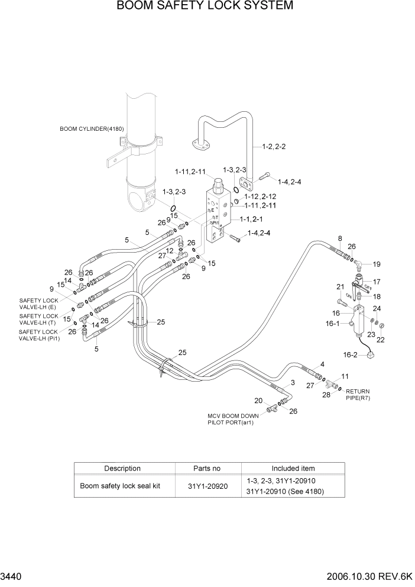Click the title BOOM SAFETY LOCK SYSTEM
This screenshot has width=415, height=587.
point(205,7)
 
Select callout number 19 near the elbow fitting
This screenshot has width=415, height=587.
point(377,264)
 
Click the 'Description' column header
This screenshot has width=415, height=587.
point(122,469)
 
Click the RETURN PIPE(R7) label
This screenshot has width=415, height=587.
point(361,395)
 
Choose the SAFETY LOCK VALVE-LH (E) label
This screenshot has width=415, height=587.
point(39,304)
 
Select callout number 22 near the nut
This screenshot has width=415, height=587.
point(380,340)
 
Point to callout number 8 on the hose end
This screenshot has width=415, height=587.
point(340,238)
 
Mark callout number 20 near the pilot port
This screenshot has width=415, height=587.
point(258,401)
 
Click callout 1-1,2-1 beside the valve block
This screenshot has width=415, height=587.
point(251,218)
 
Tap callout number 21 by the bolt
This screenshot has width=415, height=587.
point(340,287)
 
